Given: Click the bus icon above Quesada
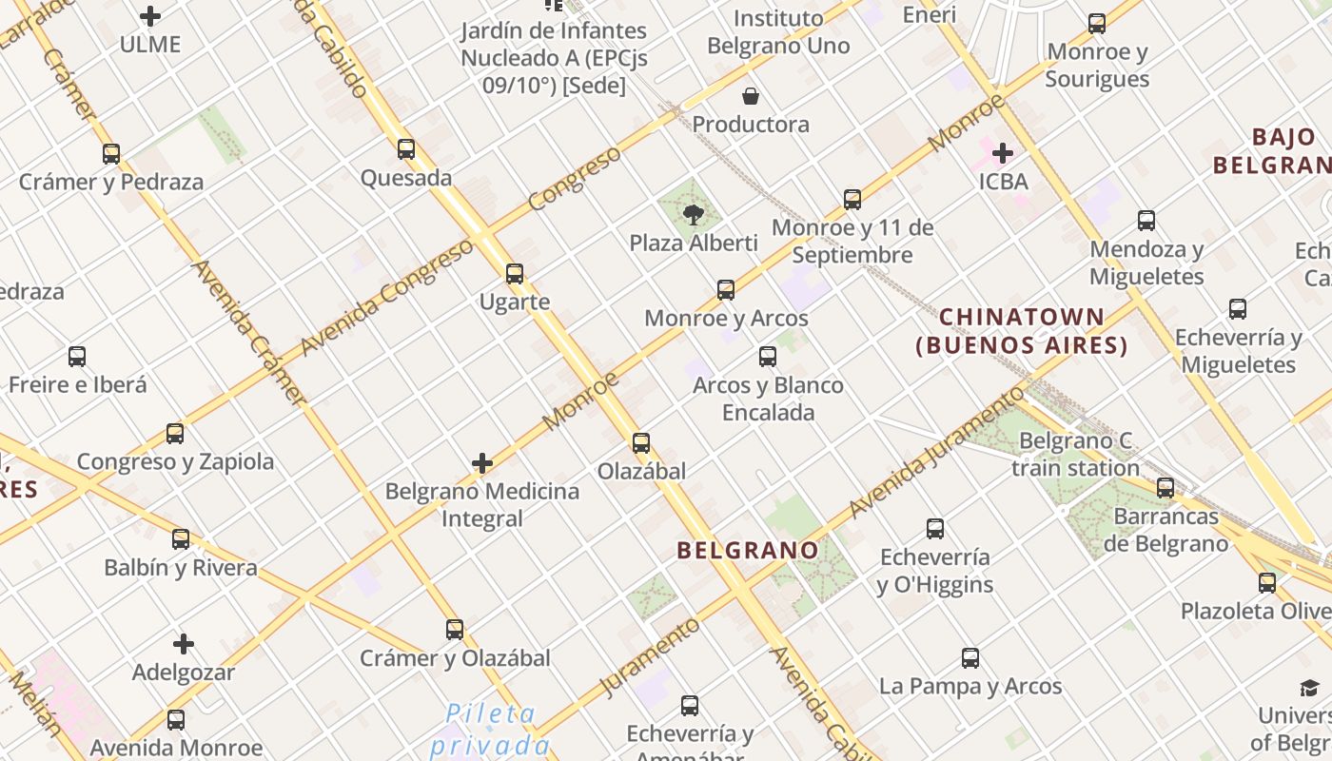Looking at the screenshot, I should [x=406, y=149].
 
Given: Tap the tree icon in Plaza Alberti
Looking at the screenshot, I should [x=694, y=214].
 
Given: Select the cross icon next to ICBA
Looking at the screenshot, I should [x=1002, y=152].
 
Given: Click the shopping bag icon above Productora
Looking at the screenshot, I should [x=751, y=96].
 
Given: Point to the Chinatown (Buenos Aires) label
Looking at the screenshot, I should [x=1022, y=331].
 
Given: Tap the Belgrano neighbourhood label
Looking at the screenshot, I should [x=748, y=550].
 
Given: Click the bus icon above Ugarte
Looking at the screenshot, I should [x=515, y=274].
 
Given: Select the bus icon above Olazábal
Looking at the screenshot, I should [x=641, y=443].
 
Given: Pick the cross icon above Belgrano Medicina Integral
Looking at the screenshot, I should [x=482, y=463].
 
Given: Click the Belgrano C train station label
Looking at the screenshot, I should [x=1075, y=454].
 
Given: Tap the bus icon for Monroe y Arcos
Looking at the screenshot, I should [x=726, y=290].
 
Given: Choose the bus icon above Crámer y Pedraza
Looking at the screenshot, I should [x=111, y=153].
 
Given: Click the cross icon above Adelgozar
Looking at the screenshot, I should [x=184, y=644].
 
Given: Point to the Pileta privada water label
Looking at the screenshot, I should [x=490, y=728].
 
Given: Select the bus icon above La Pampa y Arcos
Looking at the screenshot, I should [x=970, y=657].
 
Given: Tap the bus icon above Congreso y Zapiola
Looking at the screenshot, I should [x=175, y=434].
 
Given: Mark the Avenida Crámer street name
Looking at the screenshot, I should [x=249, y=333].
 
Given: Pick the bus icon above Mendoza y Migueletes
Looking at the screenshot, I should [x=1146, y=221].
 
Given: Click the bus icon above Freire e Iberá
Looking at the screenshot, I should [x=77, y=357].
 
